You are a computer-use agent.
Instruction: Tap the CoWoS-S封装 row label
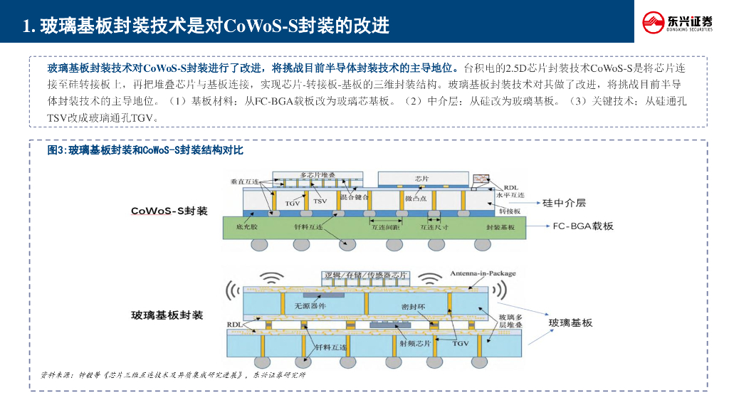click(169, 211)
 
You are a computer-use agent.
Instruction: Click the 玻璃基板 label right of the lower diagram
click(570, 323)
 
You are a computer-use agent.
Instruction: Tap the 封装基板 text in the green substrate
click(500, 227)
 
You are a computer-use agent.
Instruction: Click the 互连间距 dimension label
click(384, 227)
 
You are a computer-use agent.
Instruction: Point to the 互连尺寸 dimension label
click(434, 227)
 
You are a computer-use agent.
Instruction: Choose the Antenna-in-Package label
click(483, 273)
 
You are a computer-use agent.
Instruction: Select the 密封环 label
click(404, 306)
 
